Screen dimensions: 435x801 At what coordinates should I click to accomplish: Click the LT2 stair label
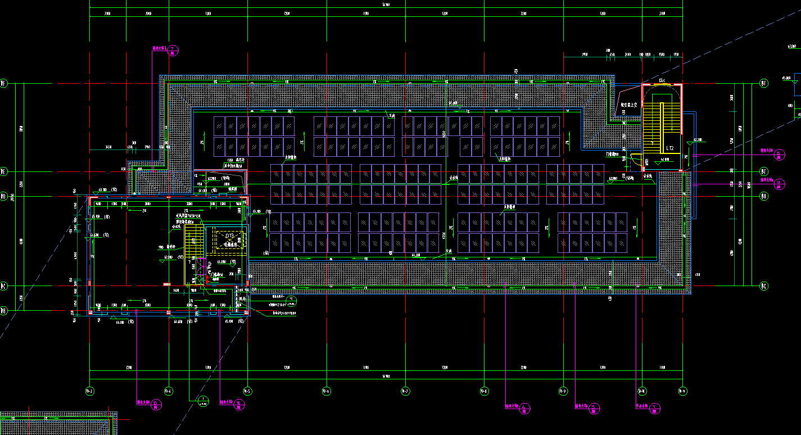670,148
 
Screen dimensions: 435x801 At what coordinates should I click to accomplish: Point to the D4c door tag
662,81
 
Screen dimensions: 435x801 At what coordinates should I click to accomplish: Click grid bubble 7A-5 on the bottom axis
247,391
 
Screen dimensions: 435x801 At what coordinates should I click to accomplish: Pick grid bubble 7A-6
325,391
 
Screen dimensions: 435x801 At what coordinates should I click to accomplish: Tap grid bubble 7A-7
405,391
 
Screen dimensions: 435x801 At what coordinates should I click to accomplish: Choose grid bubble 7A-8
483,391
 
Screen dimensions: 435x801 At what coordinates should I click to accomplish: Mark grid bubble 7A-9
563,391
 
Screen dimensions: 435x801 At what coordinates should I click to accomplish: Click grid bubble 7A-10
641,391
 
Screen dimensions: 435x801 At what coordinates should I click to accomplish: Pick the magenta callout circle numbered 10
239,404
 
